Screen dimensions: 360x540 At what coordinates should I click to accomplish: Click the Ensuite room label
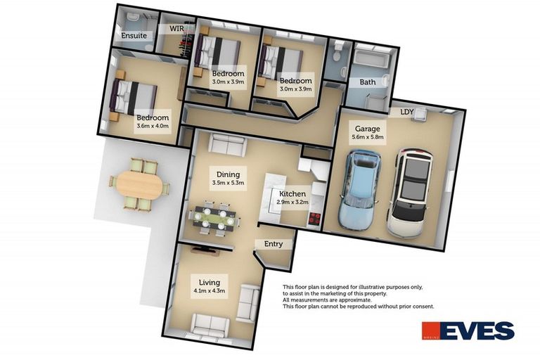pos(133,34)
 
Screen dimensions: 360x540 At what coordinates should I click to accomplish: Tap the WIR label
pos(176,29)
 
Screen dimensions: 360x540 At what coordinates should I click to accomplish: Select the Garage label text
pos(367,129)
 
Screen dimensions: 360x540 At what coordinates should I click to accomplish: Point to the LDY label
pos(406,111)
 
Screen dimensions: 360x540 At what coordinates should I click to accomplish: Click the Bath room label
pos(368,82)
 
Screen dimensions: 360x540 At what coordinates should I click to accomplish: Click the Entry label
pos(274,244)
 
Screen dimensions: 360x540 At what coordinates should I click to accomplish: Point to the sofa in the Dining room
pos(227,146)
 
